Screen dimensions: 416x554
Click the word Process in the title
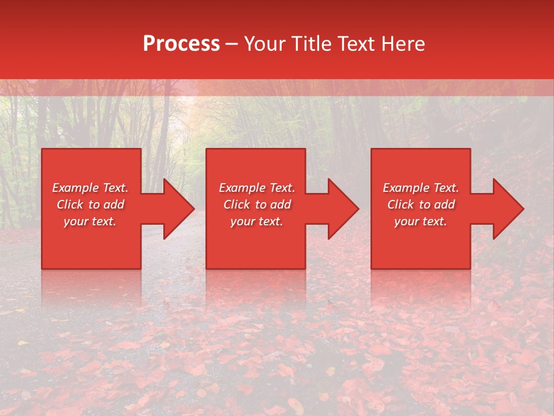[x=181, y=44]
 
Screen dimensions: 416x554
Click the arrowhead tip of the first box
[x=193, y=209]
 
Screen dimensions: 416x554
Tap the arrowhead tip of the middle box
[x=358, y=209]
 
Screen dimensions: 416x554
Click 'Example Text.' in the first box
[x=90, y=188]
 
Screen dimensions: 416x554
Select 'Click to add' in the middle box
[x=257, y=205]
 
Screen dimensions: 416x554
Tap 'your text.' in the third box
[x=421, y=221]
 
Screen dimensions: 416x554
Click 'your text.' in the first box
[x=90, y=221]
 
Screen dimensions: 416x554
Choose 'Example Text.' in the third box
[x=421, y=188]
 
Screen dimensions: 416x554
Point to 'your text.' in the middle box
[x=257, y=221]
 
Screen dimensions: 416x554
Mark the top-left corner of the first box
[x=42, y=149]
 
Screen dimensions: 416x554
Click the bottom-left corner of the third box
[x=372, y=268]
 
